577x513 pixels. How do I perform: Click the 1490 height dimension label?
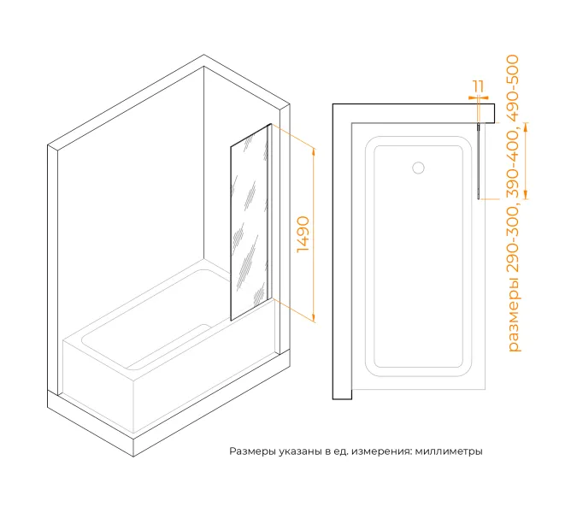303,234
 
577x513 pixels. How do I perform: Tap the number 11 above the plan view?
479,87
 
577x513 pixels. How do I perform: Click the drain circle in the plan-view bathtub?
418,168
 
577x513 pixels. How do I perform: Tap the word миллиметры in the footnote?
449,451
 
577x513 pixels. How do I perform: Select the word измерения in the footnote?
381,451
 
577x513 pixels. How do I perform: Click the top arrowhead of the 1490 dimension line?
314,152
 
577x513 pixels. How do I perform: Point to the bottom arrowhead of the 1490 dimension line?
314,317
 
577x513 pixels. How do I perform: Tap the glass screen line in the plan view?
479,161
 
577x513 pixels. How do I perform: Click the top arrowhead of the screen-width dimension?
526,127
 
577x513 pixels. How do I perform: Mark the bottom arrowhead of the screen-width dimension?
526,194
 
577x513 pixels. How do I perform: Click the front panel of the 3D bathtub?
98,386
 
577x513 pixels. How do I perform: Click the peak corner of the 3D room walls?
203,56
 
